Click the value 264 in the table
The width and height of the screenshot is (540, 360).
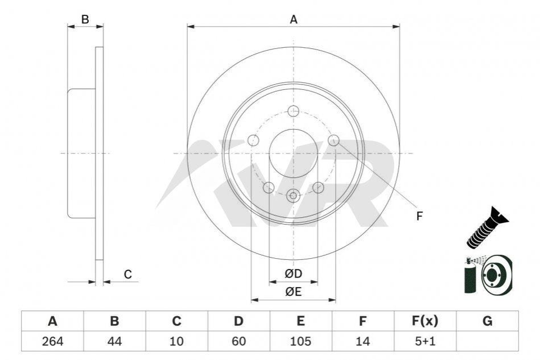tap(52, 342)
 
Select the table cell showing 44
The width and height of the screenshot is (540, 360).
tap(114, 342)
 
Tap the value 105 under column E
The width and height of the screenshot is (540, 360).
tap(300, 342)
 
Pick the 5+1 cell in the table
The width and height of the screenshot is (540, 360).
tap(424, 342)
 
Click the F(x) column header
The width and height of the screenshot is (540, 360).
tap(424, 321)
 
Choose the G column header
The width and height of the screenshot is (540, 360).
tap(487, 321)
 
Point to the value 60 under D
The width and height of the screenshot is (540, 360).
tap(238, 342)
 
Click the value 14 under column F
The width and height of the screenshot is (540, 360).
tap(362, 342)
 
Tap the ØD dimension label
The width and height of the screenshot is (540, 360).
tap(293, 274)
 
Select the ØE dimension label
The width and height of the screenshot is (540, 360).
tap(293, 292)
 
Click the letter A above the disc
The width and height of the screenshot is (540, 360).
tap(294, 19)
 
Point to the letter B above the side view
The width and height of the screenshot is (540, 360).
tap(85, 19)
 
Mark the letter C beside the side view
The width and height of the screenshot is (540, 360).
tap(128, 275)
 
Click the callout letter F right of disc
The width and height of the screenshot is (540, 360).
tap(419, 216)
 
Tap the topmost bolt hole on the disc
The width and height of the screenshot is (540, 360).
tap(294, 111)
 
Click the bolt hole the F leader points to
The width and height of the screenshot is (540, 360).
tap(334, 140)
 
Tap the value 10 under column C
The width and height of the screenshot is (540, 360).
tap(176, 342)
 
